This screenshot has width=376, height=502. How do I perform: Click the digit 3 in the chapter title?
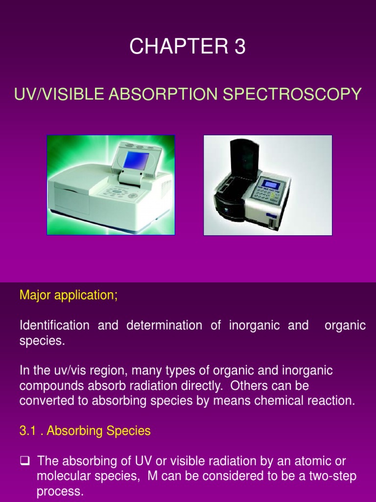coord(240,46)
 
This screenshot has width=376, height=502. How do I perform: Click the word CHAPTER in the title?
coord(179,46)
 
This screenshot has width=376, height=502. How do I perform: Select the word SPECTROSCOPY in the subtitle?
coord(292,94)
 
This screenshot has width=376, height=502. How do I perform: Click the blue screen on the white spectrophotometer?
coord(136,160)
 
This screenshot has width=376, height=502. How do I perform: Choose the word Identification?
coord(55,326)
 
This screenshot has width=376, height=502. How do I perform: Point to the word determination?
coord(164,326)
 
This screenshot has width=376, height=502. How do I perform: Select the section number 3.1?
coord(27,430)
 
